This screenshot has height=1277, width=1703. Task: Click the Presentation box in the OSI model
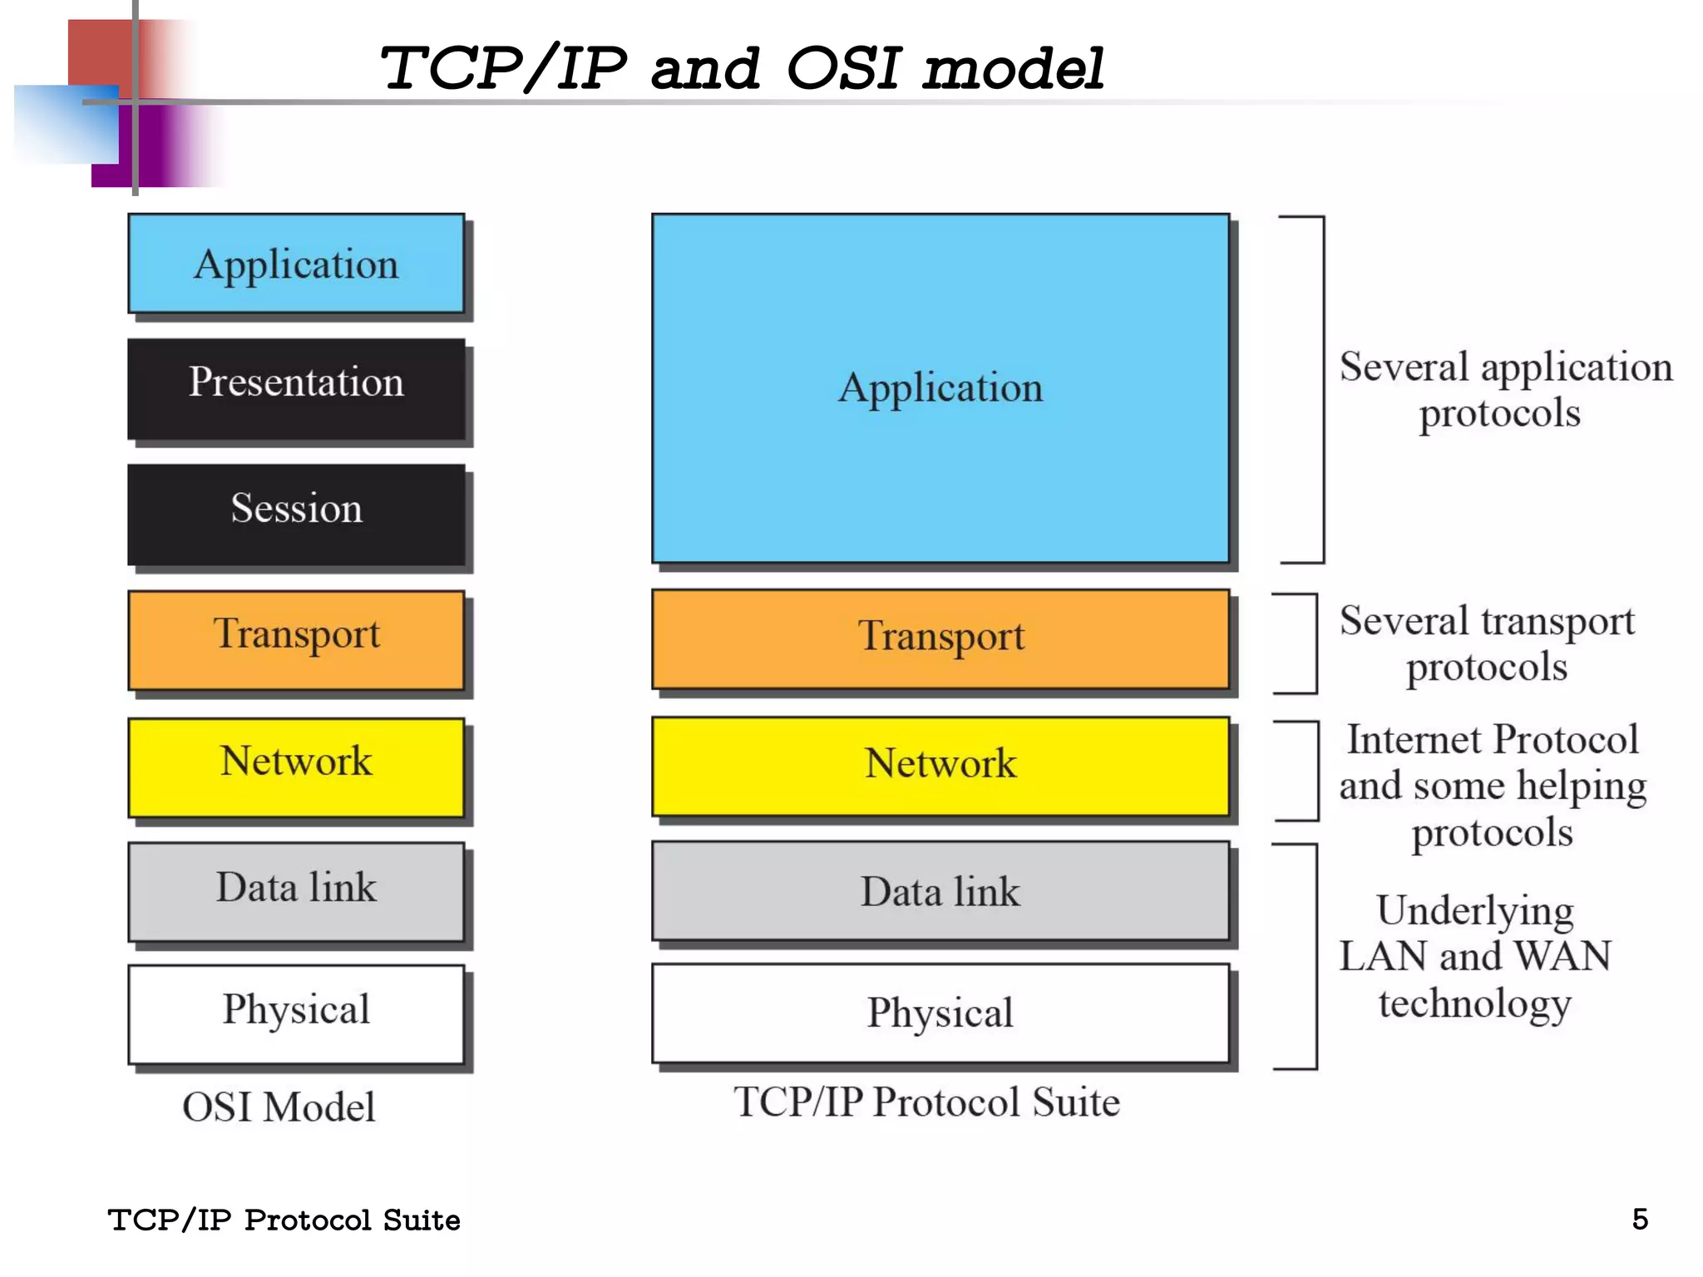296,388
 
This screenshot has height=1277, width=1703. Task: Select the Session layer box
296,514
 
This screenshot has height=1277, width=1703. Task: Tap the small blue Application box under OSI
296,264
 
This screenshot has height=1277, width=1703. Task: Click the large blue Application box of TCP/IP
940,388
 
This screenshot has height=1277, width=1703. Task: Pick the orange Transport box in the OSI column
296,639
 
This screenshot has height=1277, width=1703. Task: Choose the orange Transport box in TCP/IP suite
940,638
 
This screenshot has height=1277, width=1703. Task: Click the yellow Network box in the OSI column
296,767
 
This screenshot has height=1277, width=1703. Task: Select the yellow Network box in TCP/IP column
940,766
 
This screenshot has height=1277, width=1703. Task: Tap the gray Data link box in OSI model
296,891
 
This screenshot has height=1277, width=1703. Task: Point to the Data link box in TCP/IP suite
940,891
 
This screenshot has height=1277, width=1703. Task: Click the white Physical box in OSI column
296,1013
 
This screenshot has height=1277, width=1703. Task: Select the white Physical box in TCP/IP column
940,1013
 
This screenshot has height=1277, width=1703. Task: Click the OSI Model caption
279,1107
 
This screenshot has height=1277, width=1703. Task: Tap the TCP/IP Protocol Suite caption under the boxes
926,1102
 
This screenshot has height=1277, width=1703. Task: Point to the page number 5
1640,1219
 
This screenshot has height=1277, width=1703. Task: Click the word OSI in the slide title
842,68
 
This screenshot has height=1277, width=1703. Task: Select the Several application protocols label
1504,389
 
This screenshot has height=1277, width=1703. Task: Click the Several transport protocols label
1487,643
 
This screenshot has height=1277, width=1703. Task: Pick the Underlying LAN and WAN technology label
1475,956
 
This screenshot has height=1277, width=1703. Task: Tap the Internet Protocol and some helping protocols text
1493,786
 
